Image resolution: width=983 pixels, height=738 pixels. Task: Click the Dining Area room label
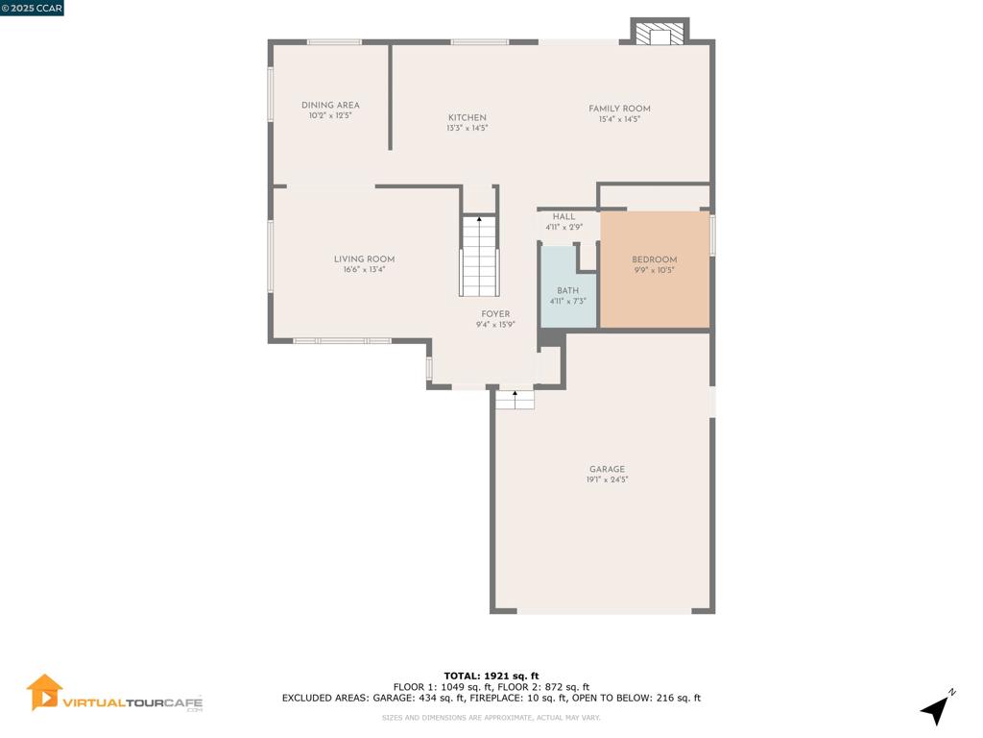[330, 106]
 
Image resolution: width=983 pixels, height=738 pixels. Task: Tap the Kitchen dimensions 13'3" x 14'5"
[468, 128]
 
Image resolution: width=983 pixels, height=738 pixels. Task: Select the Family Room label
[619, 109]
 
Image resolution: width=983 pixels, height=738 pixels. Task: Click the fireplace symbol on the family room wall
[659, 34]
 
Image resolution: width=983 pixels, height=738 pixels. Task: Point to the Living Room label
[364, 259]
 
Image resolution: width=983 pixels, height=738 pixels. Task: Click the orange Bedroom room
[655, 269]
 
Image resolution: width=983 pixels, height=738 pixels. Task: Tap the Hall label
[564, 216]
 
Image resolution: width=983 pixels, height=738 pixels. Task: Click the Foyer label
[495, 314]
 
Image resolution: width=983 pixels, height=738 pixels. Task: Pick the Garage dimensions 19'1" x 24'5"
[607, 480]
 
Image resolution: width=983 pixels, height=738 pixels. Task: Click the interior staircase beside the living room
[480, 256]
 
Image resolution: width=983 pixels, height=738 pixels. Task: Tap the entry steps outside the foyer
[515, 400]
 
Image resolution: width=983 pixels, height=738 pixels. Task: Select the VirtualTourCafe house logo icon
[44, 693]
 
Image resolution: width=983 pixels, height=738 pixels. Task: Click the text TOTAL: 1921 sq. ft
[491, 676]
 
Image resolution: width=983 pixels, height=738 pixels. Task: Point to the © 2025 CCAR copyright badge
[32, 8]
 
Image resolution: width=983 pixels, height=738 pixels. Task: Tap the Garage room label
[607, 469]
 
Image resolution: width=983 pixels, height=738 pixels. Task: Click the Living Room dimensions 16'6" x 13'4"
[364, 270]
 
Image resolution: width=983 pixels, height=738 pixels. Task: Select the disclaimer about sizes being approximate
[491, 717]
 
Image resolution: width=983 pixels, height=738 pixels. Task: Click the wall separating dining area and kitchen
[390, 96]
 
